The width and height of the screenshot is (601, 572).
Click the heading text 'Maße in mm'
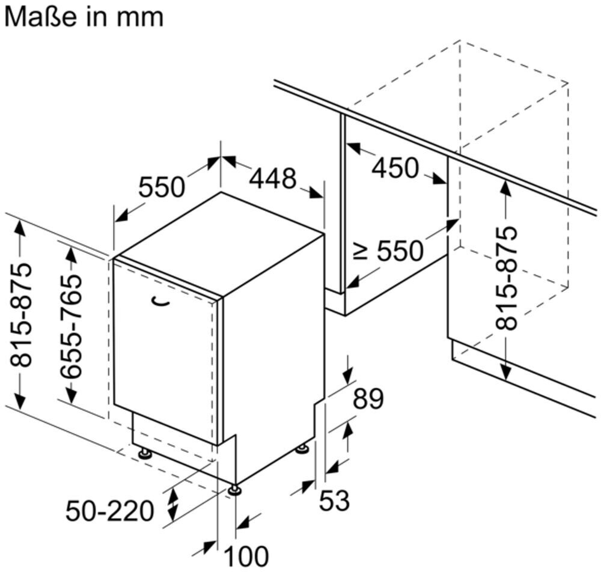[84, 17]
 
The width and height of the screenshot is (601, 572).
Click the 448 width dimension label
[273, 178]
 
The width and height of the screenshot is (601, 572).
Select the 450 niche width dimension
[395, 168]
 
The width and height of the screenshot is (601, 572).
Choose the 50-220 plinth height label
[109, 511]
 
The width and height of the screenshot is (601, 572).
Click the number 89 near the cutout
[368, 398]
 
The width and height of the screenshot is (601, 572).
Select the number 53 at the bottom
[335, 500]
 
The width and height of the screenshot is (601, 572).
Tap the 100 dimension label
[246, 556]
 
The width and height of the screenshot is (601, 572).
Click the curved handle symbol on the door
[160, 302]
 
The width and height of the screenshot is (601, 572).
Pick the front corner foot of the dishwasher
[234, 490]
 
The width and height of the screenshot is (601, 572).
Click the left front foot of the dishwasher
[145, 453]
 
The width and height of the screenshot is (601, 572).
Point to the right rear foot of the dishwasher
[302, 449]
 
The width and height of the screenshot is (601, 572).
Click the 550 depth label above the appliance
[161, 187]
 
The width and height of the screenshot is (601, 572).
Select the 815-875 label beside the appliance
[20, 315]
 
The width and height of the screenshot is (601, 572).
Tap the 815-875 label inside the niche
[506, 279]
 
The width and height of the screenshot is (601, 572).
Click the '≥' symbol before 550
[361, 252]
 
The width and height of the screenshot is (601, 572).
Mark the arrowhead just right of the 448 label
[316, 193]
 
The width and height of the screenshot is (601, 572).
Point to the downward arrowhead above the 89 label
[349, 376]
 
